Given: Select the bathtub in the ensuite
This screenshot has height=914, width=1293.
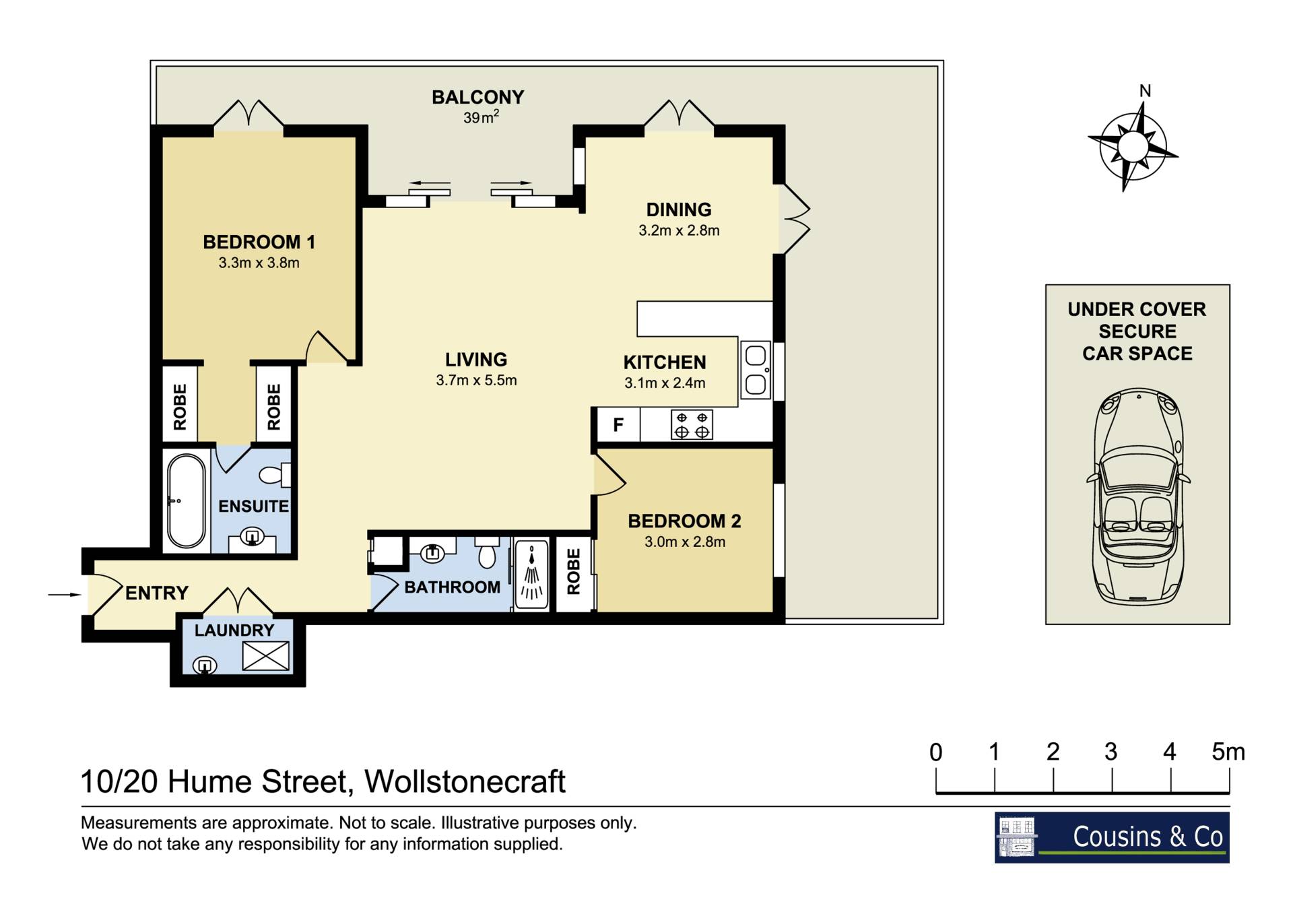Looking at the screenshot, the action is click(186, 500).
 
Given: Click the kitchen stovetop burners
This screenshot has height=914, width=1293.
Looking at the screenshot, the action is click(692, 425).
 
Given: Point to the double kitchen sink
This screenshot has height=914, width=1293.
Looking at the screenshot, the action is click(756, 370).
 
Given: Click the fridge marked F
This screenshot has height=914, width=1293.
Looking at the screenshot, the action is click(618, 425).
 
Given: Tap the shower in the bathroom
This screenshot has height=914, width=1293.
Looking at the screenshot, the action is click(532, 573).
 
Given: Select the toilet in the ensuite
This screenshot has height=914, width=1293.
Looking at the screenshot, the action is click(275, 475).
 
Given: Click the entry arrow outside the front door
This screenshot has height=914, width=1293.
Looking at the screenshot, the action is click(65, 595).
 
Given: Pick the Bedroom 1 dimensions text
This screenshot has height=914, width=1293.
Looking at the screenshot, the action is click(259, 263).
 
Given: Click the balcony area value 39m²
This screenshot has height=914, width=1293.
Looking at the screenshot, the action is click(481, 117).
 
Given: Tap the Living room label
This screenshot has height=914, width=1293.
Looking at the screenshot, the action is click(476, 360).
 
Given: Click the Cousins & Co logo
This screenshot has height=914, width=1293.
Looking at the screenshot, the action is click(1112, 837).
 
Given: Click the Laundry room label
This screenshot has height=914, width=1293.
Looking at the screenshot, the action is click(234, 630).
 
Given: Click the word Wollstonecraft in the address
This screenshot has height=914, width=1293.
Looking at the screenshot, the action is click(465, 781).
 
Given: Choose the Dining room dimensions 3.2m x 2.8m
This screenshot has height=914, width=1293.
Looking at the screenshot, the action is click(679, 230).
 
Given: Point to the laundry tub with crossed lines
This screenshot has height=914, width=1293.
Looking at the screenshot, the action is click(265, 655).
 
